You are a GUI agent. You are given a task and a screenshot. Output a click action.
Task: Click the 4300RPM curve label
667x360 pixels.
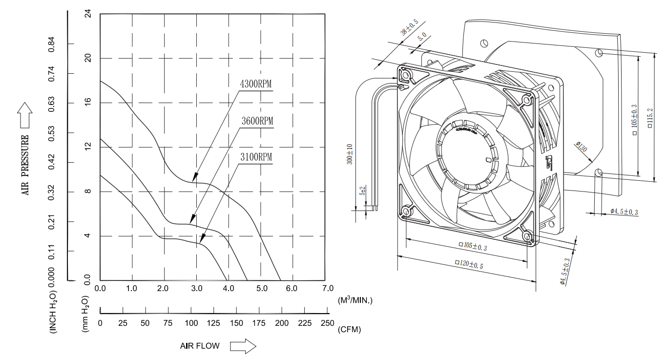tap(256, 84)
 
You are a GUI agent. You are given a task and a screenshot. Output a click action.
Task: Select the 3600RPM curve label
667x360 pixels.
tap(257, 121)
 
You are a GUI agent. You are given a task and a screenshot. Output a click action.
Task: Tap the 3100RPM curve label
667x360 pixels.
tap(255, 157)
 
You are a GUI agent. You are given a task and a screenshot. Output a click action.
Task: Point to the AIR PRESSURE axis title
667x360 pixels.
tap(25, 165)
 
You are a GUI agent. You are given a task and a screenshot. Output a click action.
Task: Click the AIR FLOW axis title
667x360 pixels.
tap(200, 346)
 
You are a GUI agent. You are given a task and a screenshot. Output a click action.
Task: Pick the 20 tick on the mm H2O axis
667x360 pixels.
tap(88, 58)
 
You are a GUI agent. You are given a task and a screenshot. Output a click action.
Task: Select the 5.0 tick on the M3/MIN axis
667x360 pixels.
tap(262, 289)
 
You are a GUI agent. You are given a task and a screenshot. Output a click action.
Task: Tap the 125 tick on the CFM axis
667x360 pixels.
tap(213, 323)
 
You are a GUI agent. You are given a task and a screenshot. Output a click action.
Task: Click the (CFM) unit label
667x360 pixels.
tap(349, 330)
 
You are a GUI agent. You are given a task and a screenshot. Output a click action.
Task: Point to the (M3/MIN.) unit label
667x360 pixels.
tap(354, 300)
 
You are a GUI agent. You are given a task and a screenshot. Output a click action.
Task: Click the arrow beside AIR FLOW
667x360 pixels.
tap(243, 346)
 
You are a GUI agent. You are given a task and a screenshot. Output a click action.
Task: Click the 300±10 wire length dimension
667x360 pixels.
tap(350, 154)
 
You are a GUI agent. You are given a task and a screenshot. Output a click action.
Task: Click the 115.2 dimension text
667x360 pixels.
tap(649, 118)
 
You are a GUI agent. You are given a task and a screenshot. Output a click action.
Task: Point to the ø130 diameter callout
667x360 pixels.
tap(582, 147)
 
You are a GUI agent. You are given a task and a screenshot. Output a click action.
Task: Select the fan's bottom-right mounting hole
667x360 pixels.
tap(527, 237)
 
